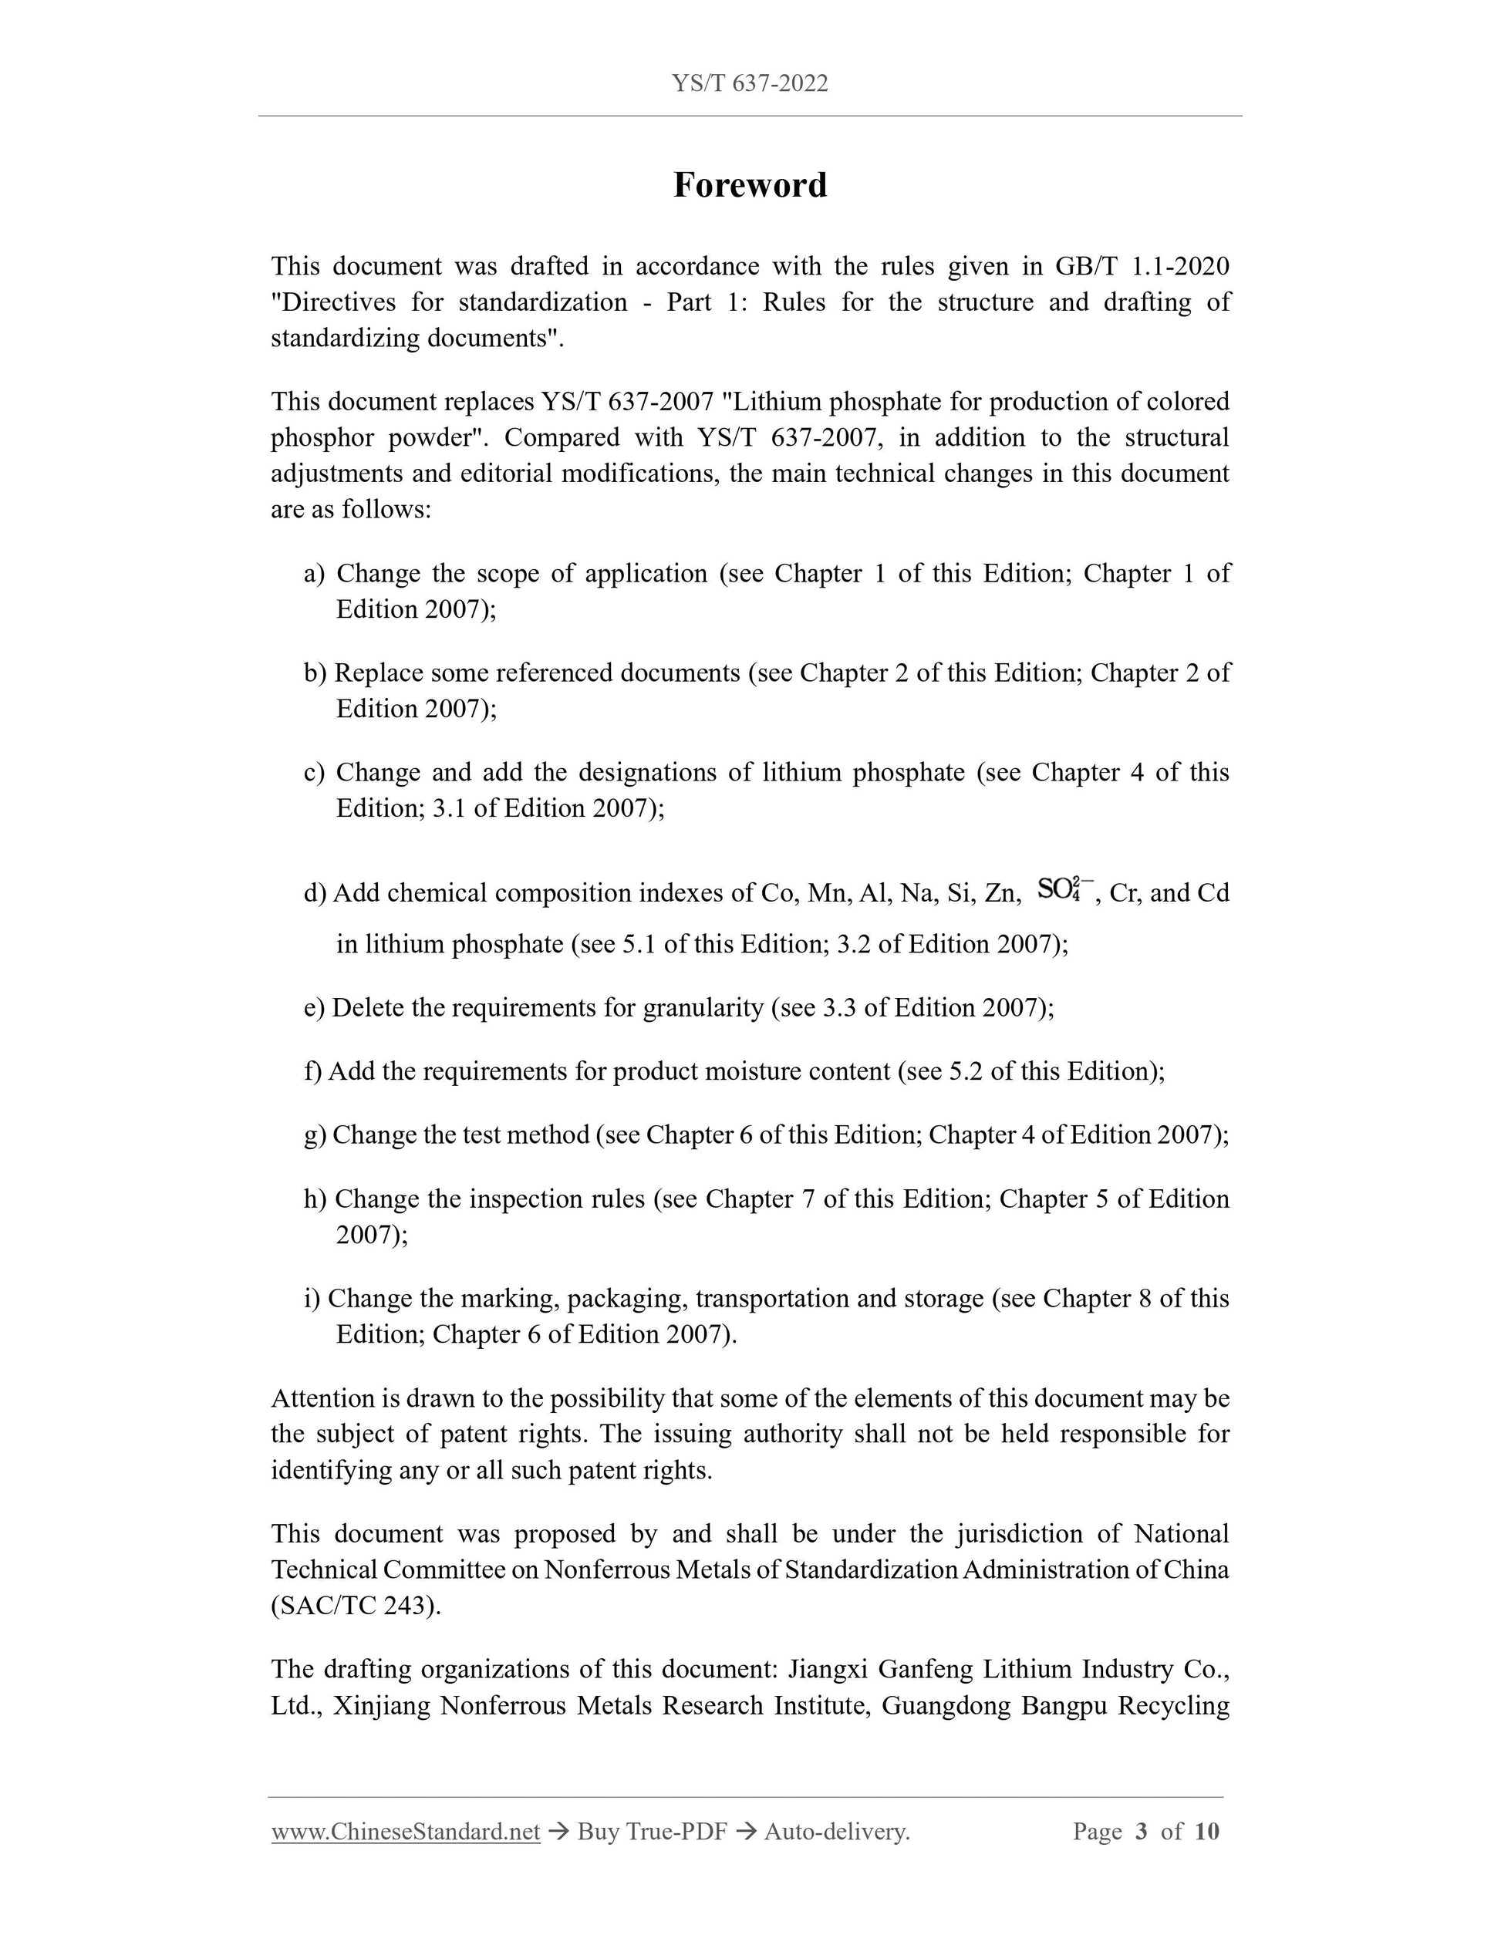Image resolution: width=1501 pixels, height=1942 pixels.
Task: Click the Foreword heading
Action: pyautogui.click(x=750, y=185)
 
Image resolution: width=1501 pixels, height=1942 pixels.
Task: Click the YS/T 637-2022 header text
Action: pyautogui.click(x=750, y=83)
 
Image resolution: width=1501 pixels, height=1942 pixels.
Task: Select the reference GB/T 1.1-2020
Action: pyautogui.click(x=1142, y=266)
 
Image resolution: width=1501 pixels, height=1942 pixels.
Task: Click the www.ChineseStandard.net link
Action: pyautogui.click(x=406, y=1831)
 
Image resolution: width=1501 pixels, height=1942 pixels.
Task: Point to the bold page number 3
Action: pyautogui.click(x=1142, y=1831)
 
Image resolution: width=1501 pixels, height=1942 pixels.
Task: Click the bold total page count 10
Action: pyautogui.click(x=1206, y=1831)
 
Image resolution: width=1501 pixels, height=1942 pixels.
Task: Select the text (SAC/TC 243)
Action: pyautogui.click(x=356, y=1605)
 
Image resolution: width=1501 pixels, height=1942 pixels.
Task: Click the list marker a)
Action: pyautogui.click(x=314, y=574)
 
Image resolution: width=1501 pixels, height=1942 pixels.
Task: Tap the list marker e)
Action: pyautogui.click(x=314, y=1007)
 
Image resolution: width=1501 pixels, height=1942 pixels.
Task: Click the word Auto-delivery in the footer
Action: pyautogui.click(x=837, y=1831)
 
